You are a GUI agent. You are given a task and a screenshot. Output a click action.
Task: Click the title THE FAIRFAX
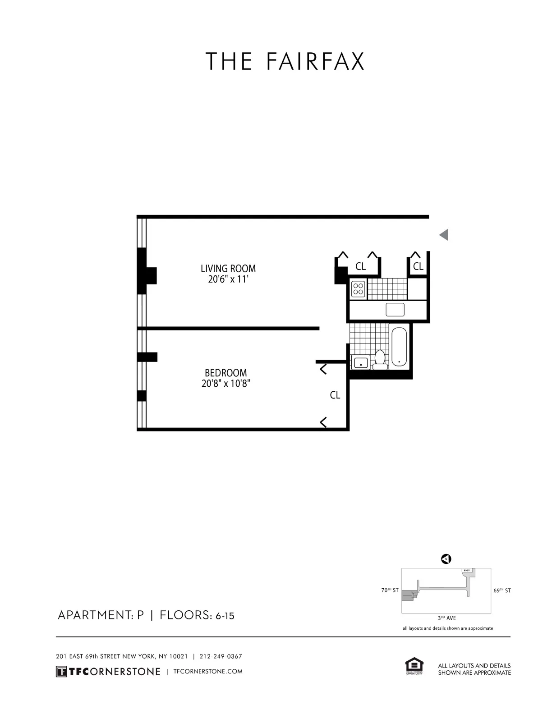coord(285,62)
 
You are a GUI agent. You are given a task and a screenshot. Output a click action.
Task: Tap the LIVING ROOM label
coord(228,269)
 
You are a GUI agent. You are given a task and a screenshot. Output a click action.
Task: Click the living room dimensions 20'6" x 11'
coord(228,279)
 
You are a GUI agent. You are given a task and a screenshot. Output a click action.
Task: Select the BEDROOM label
coord(226,373)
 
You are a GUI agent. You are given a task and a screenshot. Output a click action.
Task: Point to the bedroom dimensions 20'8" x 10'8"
coord(226,384)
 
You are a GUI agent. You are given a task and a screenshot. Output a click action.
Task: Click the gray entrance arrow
coord(444,235)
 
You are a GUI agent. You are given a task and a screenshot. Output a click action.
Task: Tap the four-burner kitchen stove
coord(359,288)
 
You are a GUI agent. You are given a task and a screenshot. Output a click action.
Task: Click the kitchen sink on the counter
coord(395,310)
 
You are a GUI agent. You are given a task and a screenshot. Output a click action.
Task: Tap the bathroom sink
coord(361,362)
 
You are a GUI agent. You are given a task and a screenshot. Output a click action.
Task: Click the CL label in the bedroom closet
coord(335,395)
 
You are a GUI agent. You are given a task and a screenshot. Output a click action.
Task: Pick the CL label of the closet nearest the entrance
coord(418,266)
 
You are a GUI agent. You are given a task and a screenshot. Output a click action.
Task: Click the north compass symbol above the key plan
coord(446,559)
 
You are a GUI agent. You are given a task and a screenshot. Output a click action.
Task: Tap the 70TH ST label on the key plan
coord(390,590)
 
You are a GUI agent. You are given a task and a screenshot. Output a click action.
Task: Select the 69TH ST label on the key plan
coord(502,590)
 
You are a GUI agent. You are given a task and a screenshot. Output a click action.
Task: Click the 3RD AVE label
coord(447,618)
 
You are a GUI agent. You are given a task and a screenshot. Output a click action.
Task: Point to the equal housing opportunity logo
coord(414,667)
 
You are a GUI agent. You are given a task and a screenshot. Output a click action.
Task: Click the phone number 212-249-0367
coord(221,656)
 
